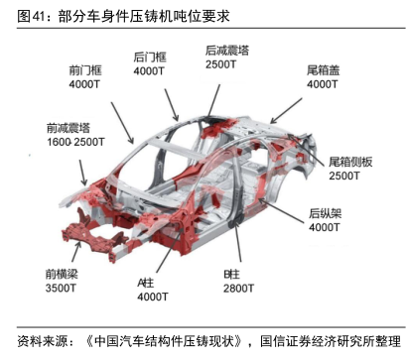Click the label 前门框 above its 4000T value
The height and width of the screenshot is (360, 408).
85,70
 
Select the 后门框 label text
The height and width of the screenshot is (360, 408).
150,58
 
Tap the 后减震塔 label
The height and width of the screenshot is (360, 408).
227,51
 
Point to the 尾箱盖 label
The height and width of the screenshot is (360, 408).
323,70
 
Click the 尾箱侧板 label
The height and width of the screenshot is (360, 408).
350,162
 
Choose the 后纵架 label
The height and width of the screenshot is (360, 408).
325,213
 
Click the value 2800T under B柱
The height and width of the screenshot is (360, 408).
238,289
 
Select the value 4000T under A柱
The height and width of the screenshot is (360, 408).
153,297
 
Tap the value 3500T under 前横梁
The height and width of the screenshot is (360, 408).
61,288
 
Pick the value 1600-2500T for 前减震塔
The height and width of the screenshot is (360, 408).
75,142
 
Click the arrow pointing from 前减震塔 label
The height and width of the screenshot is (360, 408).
82,173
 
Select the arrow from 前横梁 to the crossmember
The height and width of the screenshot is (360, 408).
75,252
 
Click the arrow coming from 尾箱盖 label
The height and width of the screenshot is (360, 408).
286,111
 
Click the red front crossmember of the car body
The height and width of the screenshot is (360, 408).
94,236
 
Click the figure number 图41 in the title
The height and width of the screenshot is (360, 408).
31,16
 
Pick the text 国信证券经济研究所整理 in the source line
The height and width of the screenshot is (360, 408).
331,341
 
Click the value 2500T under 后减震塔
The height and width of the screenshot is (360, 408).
221,64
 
